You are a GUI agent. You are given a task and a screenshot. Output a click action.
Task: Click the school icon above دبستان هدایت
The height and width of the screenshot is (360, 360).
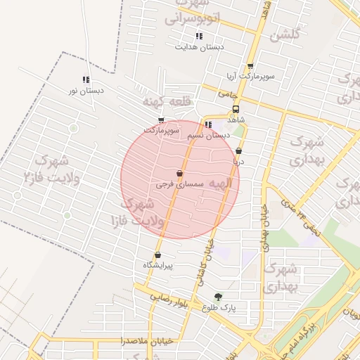point(200,36)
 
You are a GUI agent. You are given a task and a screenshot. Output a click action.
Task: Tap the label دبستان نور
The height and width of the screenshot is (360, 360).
point(86,91)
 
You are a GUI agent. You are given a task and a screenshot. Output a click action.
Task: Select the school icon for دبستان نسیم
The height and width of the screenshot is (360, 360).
point(208,125)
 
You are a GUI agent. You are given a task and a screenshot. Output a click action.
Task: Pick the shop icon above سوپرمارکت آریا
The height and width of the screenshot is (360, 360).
point(250,65)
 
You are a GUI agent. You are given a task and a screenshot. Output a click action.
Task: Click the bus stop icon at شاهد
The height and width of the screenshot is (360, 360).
point(236,110)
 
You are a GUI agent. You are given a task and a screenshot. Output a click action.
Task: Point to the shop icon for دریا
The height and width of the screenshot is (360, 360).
point(239,150)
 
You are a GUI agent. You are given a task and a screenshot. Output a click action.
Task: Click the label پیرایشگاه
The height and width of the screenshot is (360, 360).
point(157,264)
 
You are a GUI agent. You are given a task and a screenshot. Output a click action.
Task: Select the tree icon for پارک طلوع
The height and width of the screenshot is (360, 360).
point(218,297)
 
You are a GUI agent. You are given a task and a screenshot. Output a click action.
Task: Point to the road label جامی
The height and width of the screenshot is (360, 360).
point(227,93)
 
